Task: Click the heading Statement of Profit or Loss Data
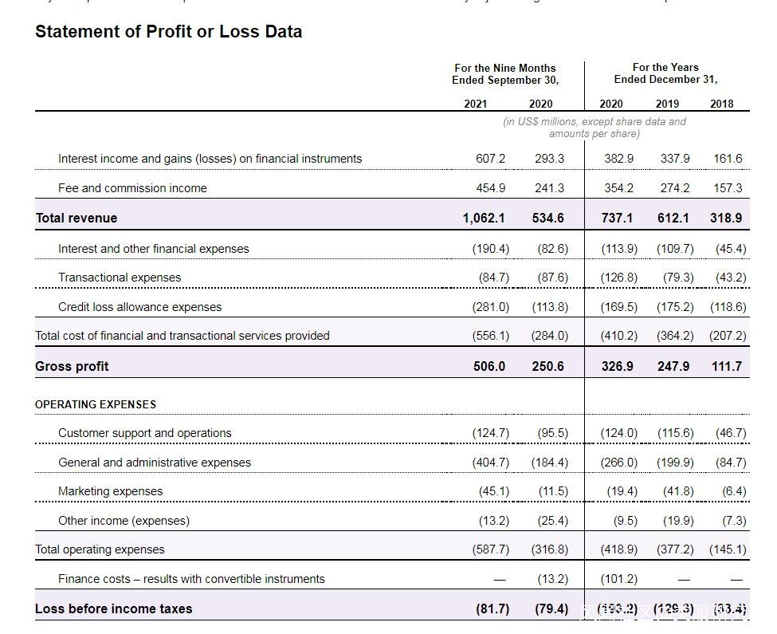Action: (168, 32)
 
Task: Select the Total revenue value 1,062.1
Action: (484, 218)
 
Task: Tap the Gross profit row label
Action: (72, 366)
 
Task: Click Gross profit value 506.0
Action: (489, 366)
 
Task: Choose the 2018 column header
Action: (721, 104)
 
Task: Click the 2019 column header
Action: (667, 104)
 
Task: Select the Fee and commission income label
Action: (132, 188)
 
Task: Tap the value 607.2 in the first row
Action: (490, 159)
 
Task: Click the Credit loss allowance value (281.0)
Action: (490, 307)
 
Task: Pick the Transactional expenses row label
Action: (120, 278)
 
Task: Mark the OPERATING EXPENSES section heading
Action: (96, 404)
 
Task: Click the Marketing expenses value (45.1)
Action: (493, 491)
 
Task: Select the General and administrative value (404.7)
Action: (490, 463)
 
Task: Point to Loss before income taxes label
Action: (113, 608)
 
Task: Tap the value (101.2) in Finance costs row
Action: (619, 579)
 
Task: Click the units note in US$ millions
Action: (594, 128)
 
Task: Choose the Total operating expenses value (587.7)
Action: (490, 549)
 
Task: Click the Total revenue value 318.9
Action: (726, 218)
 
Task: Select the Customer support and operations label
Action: (144, 433)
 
